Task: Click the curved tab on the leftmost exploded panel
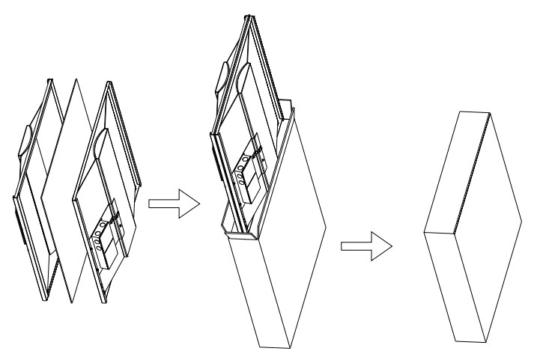pyautogui.click(x=25, y=142)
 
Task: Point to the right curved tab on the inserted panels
pyautogui.click(x=243, y=79)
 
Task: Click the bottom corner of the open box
pyautogui.click(x=259, y=347)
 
